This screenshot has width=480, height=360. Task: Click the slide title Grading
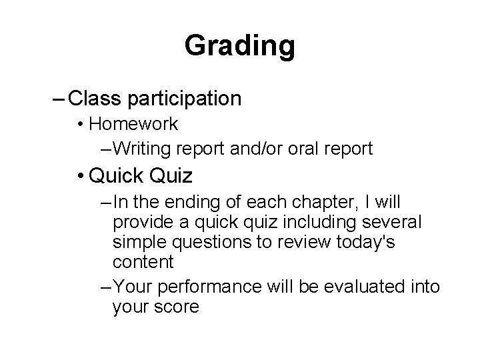tap(239, 46)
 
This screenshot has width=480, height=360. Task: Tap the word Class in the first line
tap(93, 99)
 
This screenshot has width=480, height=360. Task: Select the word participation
tap(183, 99)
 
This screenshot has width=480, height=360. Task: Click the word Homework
tap(133, 124)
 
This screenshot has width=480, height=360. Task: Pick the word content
tap(143, 262)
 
